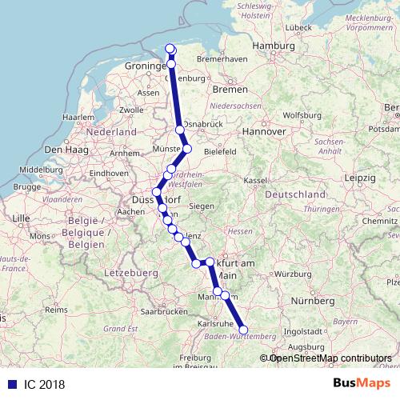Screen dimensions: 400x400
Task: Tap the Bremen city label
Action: [x=229, y=90]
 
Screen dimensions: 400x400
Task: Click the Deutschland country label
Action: [x=294, y=195]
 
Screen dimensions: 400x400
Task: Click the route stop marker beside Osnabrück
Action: [x=180, y=130]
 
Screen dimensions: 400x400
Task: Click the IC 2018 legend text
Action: [x=44, y=384]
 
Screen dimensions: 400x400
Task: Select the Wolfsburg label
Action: [x=301, y=114]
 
